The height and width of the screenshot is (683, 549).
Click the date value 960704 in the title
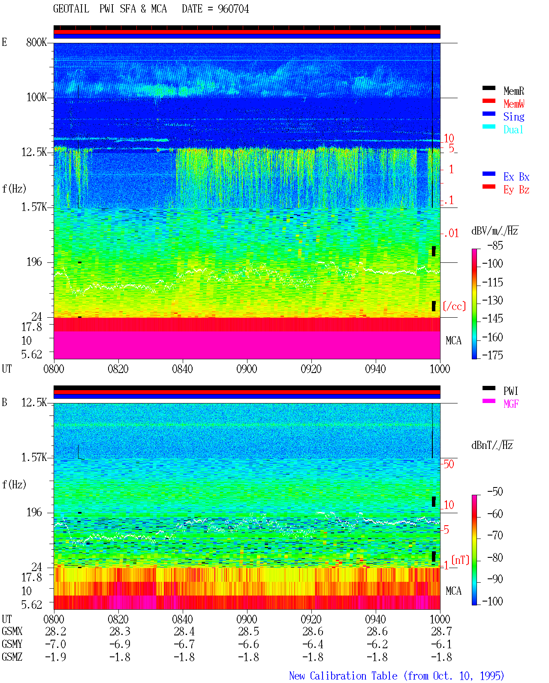tap(233, 9)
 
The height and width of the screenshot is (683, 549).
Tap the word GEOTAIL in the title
tap(71, 9)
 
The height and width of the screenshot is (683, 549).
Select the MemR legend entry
tap(513, 91)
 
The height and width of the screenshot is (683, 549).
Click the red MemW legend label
tap(513, 104)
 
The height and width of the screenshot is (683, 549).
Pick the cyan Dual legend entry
tap(513, 129)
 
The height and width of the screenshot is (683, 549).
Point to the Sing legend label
tap(513, 117)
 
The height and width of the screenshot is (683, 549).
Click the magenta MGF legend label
tap(511, 404)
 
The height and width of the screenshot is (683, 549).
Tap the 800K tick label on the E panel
tap(36, 42)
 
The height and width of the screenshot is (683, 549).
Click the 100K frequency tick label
tap(36, 97)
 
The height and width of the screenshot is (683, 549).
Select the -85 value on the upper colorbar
tap(495, 245)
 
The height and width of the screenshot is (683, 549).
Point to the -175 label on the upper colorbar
tap(492, 355)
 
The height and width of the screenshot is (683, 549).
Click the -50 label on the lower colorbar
tap(495, 492)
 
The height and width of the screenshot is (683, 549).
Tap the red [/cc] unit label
tap(454, 306)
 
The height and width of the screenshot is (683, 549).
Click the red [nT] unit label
tap(460, 560)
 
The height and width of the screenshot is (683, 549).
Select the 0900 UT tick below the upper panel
tap(247, 369)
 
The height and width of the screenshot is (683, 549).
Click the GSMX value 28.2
tap(56, 631)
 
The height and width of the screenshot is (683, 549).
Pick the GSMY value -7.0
tap(56, 644)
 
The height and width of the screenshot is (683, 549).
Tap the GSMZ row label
tap(12, 657)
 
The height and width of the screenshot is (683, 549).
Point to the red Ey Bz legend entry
tap(516, 190)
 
